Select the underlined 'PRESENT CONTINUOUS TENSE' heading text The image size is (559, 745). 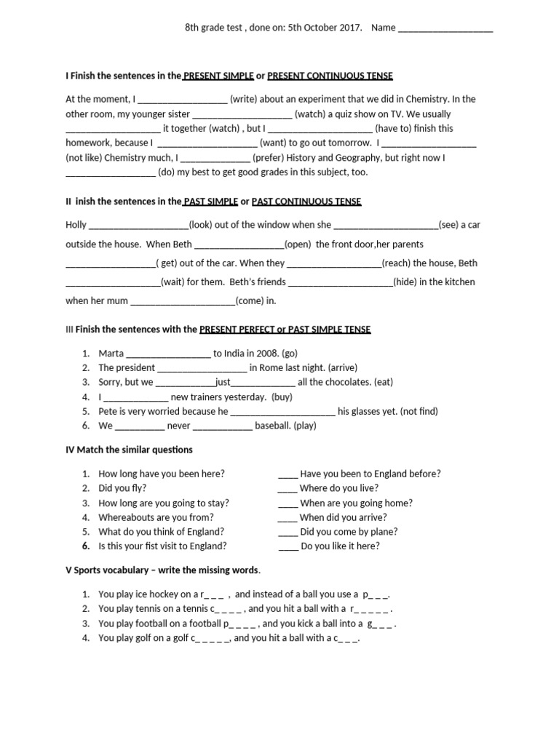click(x=330, y=76)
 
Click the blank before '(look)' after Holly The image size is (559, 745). click(x=138, y=226)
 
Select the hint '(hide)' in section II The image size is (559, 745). click(x=404, y=282)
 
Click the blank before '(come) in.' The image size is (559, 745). click(x=181, y=300)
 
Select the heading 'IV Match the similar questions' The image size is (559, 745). click(x=130, y=450)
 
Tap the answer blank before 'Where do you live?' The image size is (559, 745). click(x=288, y=489)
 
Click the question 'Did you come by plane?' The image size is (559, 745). click(x=349, y=532)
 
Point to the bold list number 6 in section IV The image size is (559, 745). click(x=85, y=546)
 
